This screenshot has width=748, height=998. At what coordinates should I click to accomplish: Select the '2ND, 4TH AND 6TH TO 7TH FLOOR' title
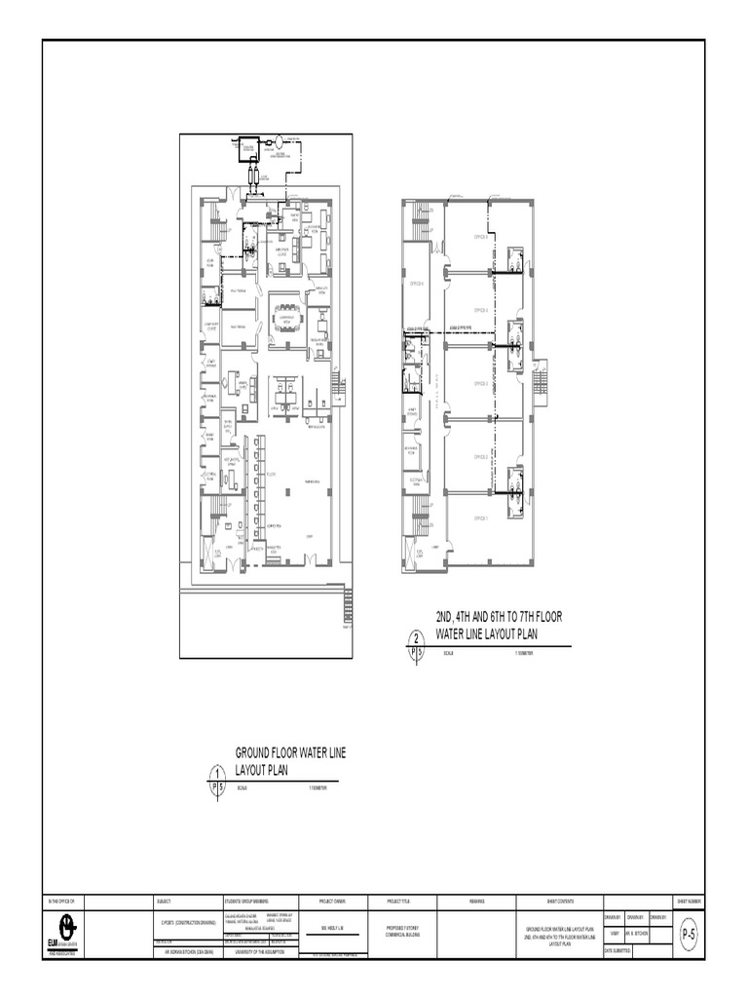pos(499,617)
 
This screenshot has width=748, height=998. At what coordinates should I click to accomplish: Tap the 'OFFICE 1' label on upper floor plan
pos(480,518)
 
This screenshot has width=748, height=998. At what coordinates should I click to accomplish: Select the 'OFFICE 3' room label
pos(480,384)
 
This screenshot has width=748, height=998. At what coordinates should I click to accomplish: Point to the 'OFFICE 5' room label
pos(480,237)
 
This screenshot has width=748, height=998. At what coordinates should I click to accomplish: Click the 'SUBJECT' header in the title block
pos(164,902)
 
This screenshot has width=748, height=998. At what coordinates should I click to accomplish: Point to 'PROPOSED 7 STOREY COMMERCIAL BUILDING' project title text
pos(399,930)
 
